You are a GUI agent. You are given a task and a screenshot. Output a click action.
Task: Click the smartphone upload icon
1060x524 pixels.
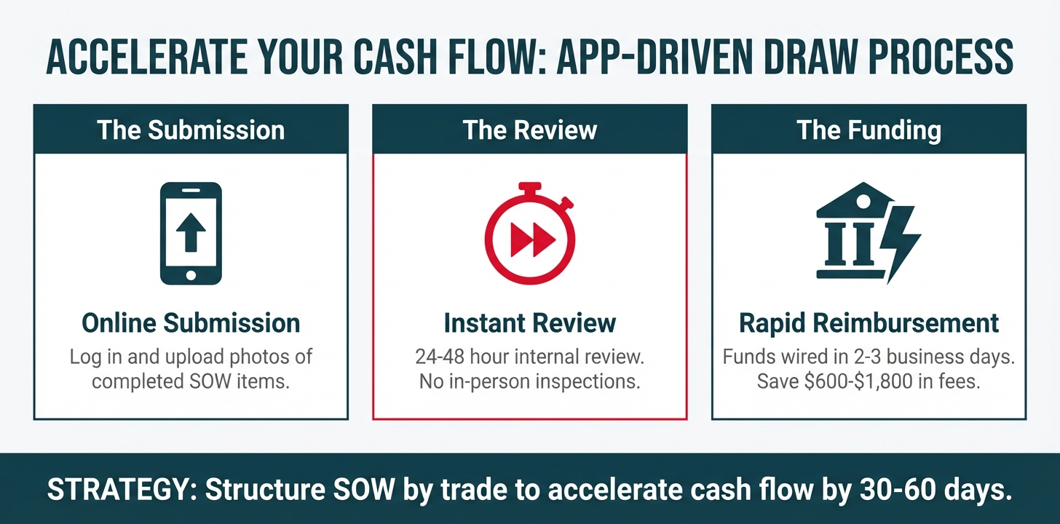pos(191,233)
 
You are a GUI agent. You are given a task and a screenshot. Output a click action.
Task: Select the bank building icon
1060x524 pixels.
pos(852,230)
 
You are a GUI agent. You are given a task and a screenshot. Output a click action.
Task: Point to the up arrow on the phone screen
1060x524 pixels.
pos(191,232)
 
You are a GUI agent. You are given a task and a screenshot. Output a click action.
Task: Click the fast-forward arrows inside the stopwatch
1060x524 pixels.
pos(532,239)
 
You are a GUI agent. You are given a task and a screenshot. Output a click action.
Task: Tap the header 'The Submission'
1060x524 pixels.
pos(191,130)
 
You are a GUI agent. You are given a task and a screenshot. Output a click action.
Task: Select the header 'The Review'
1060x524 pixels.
pos(529,130)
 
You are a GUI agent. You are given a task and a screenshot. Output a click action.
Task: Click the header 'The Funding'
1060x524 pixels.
pos(869,130)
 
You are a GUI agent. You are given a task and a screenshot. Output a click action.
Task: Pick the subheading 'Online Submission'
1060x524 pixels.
pos(191,323)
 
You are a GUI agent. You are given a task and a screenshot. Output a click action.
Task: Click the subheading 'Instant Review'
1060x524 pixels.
pos(529,323)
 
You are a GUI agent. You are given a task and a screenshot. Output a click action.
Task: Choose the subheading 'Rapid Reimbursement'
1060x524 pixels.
pos(869,323)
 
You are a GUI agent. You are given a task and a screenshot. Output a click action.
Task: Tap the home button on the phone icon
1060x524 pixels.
pos(191,275)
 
